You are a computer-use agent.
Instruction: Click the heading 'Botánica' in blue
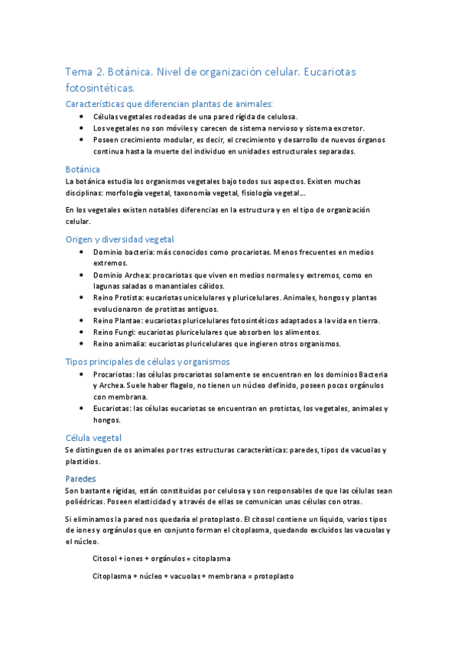[x=83, y=169]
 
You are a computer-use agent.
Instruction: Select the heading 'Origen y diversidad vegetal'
[x=120, y=239]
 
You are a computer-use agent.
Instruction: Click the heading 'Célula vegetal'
[x=93, y=438]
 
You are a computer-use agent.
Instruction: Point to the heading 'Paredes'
[x=81, y=478]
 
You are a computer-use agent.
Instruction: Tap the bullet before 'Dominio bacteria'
[x=82, y=251]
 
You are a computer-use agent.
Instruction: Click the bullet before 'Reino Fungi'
[x=82, y=332]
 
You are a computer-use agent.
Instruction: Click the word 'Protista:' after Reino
[x=133, y=297]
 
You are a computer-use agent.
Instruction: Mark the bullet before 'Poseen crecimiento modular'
[x=82, y=140]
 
